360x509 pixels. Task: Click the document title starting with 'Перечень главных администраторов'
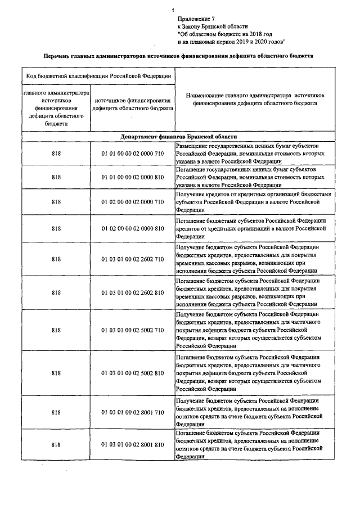[x=179, y=57]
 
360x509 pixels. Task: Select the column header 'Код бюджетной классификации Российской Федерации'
[x=97, y=75]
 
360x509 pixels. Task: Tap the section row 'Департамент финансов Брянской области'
[x=178, y=137]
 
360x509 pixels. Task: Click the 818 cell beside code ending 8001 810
[x=56, y=445]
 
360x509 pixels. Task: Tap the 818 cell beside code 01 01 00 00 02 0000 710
[x=56, y=153]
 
